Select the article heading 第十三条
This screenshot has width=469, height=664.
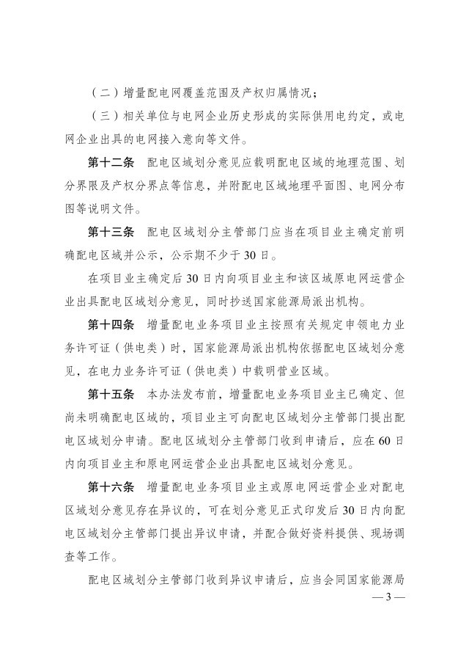pyautogui.click(x=111, y=232)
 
